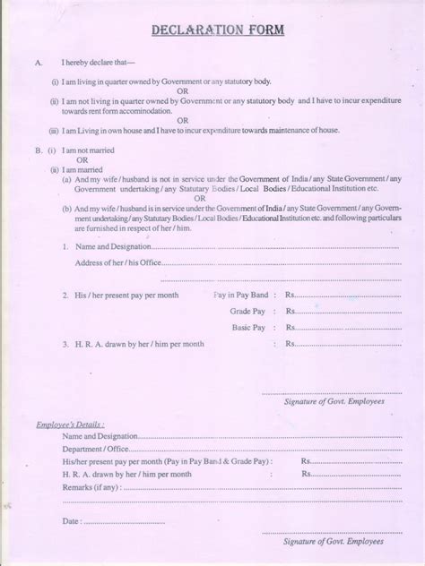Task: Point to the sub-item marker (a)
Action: pos(67,179)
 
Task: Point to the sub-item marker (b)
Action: pos(67,209)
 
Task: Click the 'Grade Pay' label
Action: pos(247,311)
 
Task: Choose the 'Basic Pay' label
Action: pos(248,328)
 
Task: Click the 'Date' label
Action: pos(72,521)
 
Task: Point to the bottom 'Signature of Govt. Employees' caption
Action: pos(333,543)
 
